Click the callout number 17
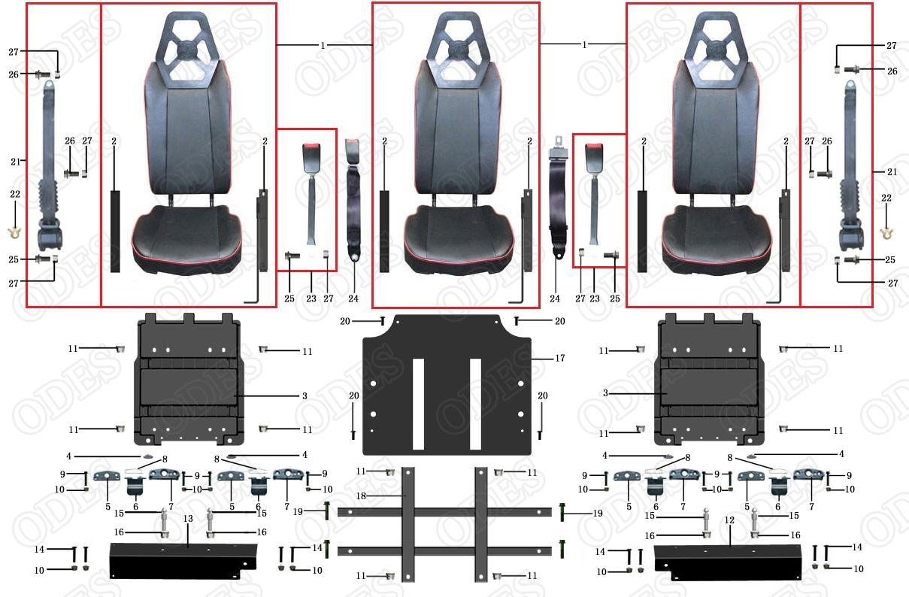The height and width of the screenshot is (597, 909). click(559, 358)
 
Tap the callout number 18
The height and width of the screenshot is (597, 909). click(361, 495)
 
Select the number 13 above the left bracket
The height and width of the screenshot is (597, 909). click(188, 519)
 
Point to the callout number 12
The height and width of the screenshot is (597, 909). click(729, 520)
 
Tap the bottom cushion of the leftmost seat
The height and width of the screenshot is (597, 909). click(187, 238)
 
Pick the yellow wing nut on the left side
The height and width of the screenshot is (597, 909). click(14, 232)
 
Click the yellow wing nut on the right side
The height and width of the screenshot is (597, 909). click(886, 233)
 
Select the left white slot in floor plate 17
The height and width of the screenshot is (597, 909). click(418, 404)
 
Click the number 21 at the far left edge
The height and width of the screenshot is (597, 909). click(16, 162)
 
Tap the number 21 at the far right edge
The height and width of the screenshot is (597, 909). click(892, 172)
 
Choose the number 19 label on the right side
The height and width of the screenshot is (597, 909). click(598, 513)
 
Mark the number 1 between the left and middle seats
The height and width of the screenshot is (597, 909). click(323, 45)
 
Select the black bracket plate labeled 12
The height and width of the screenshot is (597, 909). click(728, 563)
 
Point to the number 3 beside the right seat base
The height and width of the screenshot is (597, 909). click(605, 392)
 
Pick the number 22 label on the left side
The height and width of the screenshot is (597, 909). click(15, 194)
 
